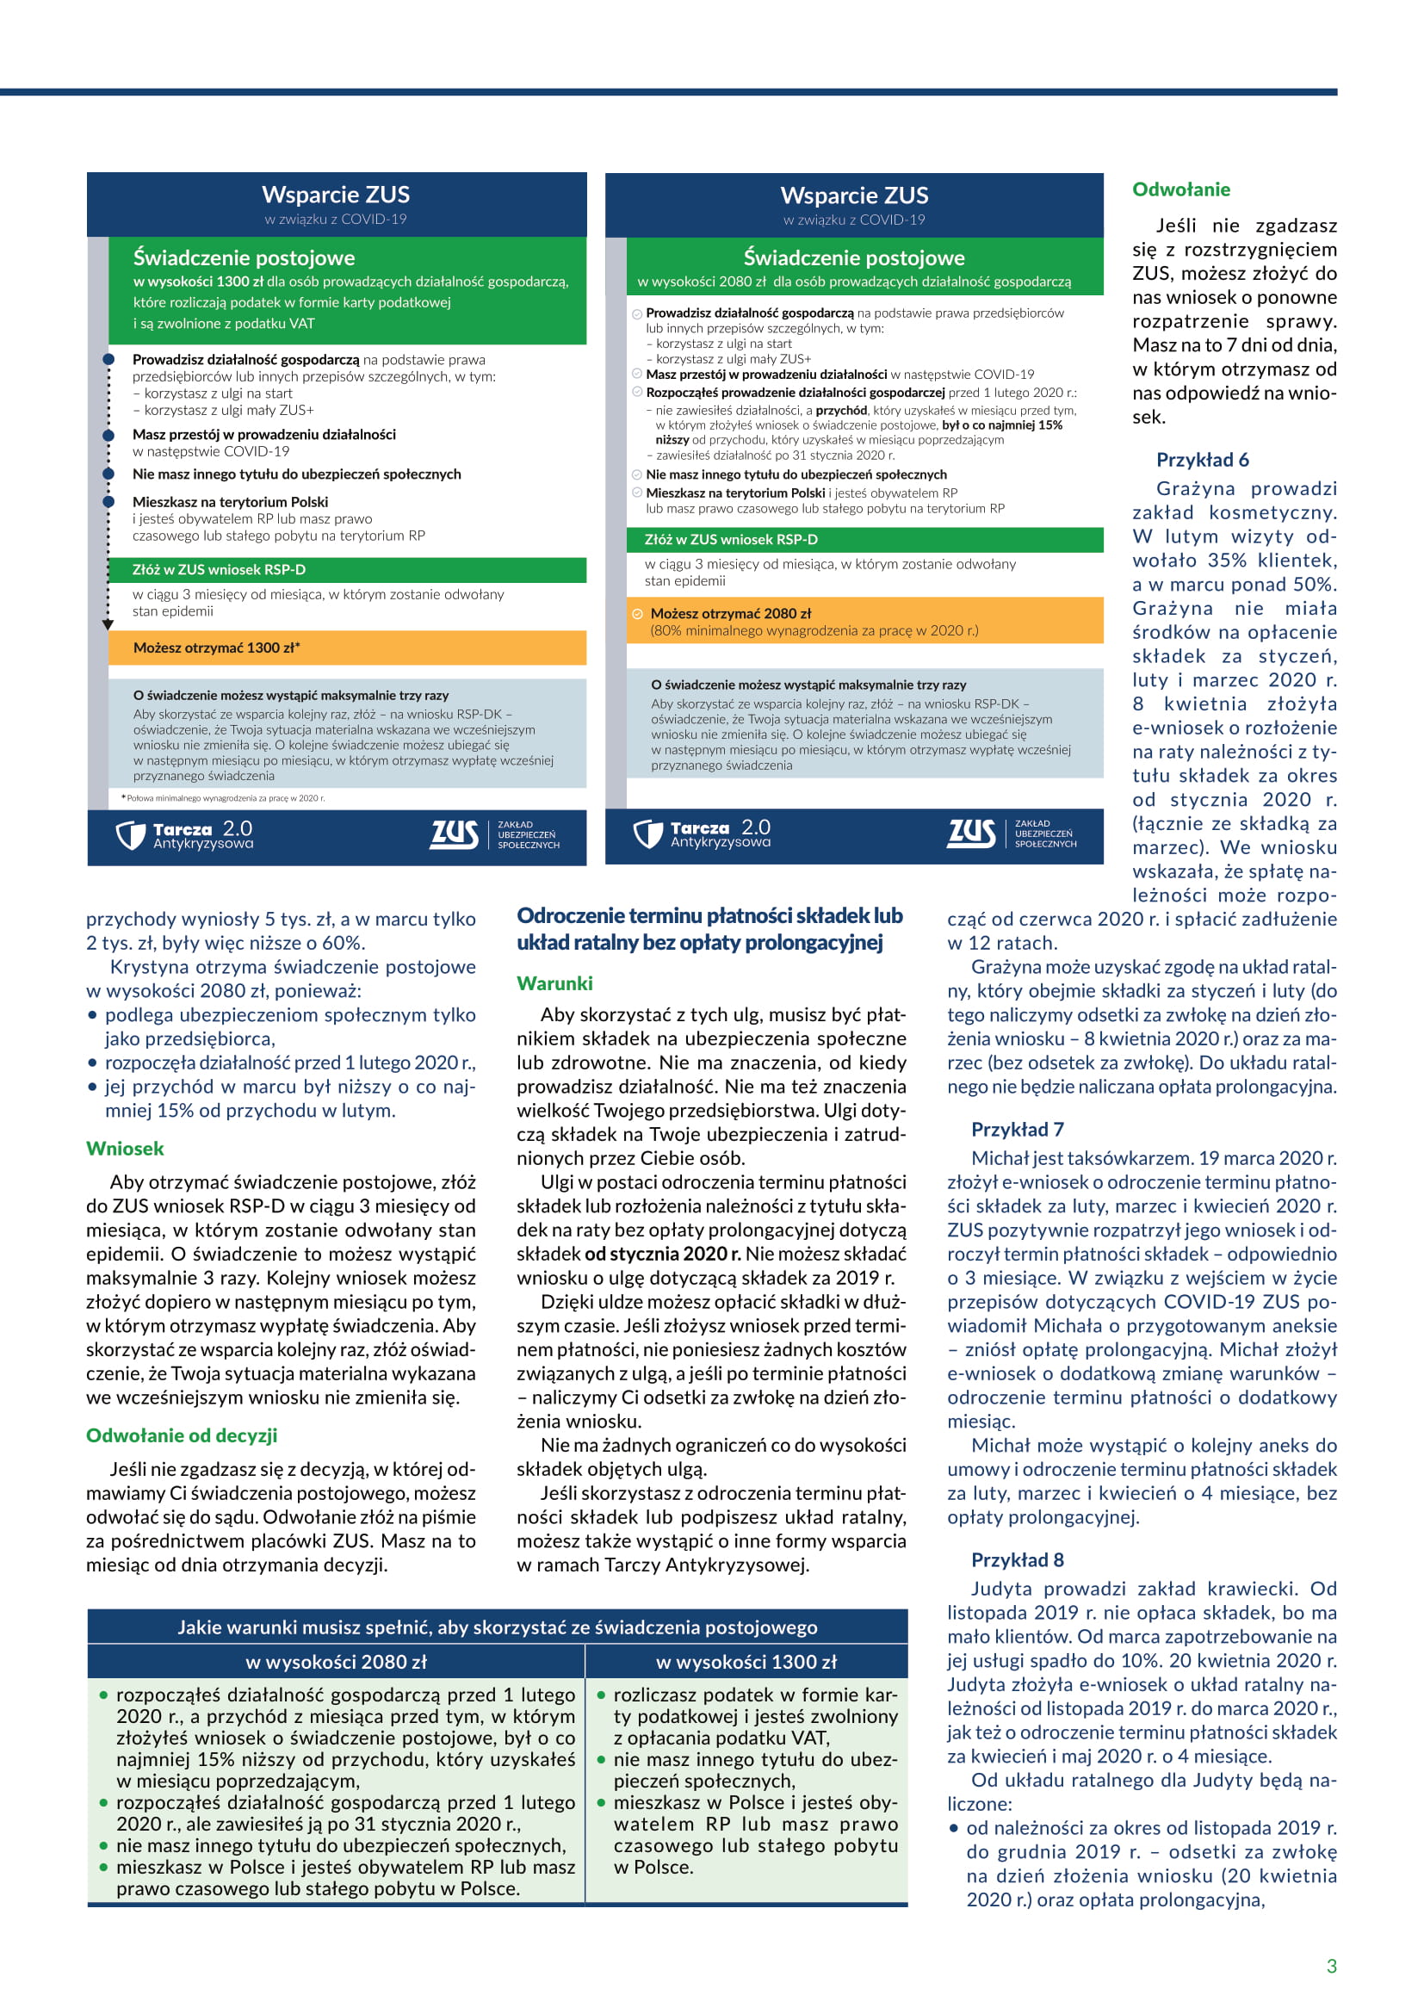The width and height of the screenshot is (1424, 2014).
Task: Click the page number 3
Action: (1331, 1966)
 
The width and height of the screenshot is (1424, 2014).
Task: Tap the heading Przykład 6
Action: (1202, 460)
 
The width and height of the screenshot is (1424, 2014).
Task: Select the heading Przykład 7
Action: (1017, 1129)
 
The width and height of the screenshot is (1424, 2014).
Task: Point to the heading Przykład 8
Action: (1017, 1559)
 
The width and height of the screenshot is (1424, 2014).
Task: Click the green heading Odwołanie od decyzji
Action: (182, 1435)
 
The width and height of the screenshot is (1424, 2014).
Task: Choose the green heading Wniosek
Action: (126, 1149)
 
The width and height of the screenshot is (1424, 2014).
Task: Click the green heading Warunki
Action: (554, 983)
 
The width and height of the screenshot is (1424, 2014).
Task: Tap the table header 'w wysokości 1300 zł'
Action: (746, 1661)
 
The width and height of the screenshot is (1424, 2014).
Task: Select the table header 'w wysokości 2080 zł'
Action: (336, 1661)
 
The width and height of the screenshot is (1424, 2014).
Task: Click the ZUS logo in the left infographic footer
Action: (455, 834)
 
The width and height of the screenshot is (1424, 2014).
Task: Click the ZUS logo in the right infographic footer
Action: (970, 833)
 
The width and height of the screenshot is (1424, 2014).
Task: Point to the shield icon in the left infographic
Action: (131, 834)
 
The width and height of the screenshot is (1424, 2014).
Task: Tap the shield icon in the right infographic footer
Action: (648, 833)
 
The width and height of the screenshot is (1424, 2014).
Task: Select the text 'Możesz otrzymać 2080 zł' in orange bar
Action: (730, 613)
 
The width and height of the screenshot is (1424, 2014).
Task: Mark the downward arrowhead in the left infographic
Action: (108, 624)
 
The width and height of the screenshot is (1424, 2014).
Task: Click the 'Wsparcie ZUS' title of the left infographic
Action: (336, 195)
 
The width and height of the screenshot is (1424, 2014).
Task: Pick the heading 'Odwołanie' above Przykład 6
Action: (1180, 189)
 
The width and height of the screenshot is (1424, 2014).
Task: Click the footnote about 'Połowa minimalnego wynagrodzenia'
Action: (224, 798)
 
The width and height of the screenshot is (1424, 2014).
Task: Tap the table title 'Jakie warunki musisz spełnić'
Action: (497, 1627)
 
